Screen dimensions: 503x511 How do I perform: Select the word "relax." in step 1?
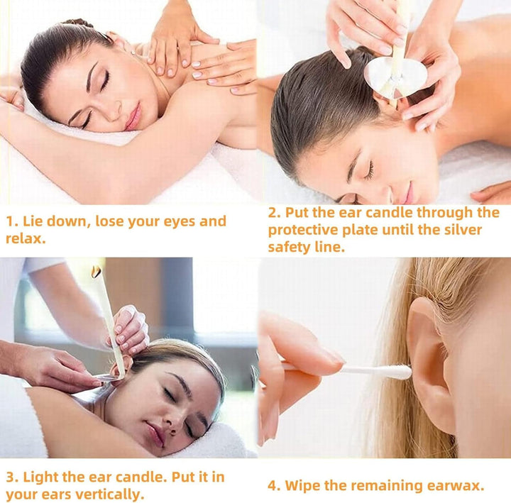(25, 238)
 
